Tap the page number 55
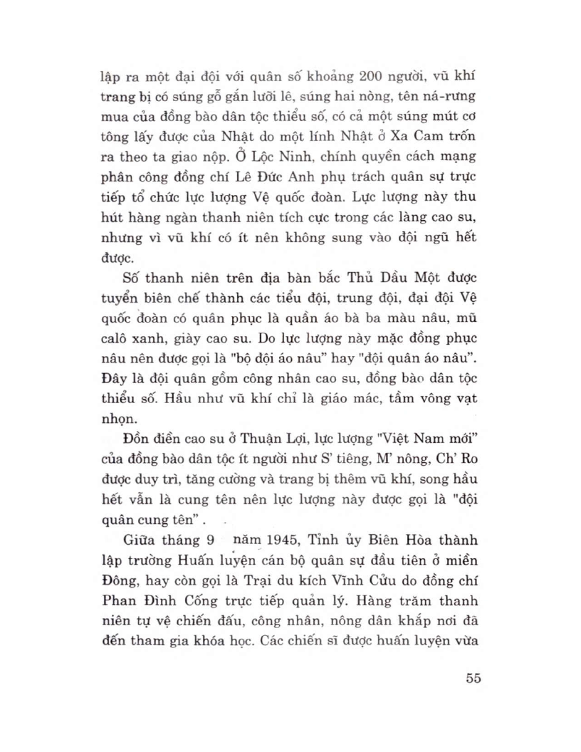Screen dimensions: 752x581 click(x=471, y=677)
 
